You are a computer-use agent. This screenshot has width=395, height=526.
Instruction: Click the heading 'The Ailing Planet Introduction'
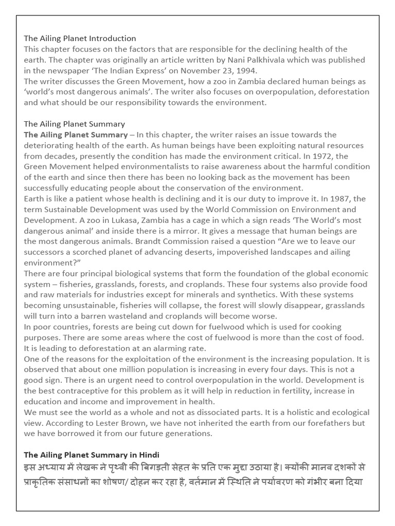click(x=80, y=39)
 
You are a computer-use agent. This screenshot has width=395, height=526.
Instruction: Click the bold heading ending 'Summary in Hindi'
click(x=92, y=455)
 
